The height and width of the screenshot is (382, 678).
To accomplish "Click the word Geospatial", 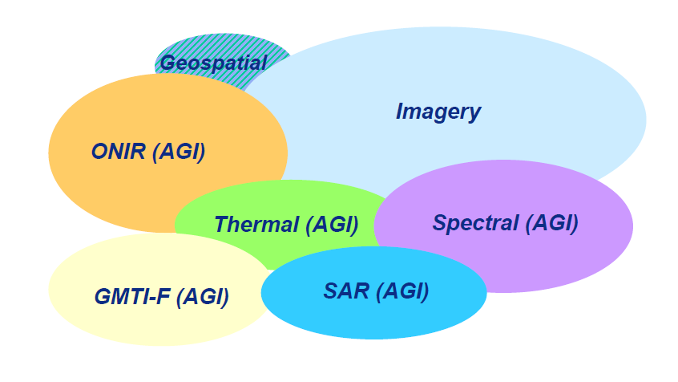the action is (214, 63).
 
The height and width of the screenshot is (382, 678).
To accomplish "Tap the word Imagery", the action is (438, 112).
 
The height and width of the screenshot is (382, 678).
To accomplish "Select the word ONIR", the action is (119, 152).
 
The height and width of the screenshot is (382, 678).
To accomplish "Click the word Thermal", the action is (256, 225).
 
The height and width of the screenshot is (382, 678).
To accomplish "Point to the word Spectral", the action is (475, 223).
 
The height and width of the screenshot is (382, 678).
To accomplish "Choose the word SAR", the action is (346, 291).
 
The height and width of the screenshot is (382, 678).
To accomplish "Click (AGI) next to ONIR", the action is (179, 152).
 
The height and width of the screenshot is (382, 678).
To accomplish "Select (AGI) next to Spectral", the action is (552, 223).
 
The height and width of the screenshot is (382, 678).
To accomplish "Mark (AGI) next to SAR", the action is (402, 291).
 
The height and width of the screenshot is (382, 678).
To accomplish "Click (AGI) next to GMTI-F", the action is (203, 297).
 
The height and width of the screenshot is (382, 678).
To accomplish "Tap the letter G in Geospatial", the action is (167, 63).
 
